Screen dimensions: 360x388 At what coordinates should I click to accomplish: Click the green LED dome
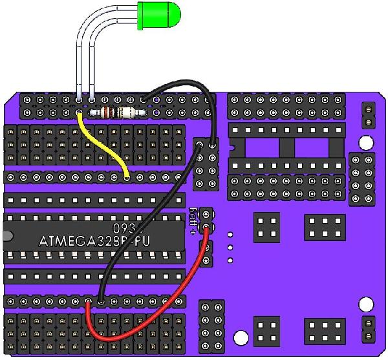pos(160,16)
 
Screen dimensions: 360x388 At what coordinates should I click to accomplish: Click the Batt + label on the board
pos(193,220)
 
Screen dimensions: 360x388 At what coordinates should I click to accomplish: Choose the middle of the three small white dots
pos(231,248)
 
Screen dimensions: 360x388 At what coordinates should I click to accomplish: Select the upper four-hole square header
pos(266,226)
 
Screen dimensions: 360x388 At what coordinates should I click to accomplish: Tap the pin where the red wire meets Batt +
pos(206,228)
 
